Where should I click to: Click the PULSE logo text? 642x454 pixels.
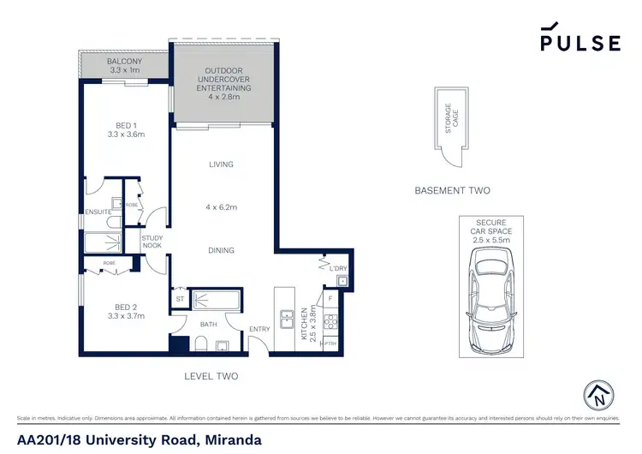pos(580,43)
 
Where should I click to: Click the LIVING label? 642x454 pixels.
pos(222,164)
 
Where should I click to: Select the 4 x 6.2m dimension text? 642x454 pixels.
pos(222,207)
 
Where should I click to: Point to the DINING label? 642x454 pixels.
pos(222,250)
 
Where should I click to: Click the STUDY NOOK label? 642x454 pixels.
pos(152,242)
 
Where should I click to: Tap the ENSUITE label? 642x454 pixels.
pos(98,212)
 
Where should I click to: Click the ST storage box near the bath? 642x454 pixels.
pos(180,299)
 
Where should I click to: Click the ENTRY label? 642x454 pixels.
pos(259,330)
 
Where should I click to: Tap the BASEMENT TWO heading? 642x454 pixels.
pos(452,190)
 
